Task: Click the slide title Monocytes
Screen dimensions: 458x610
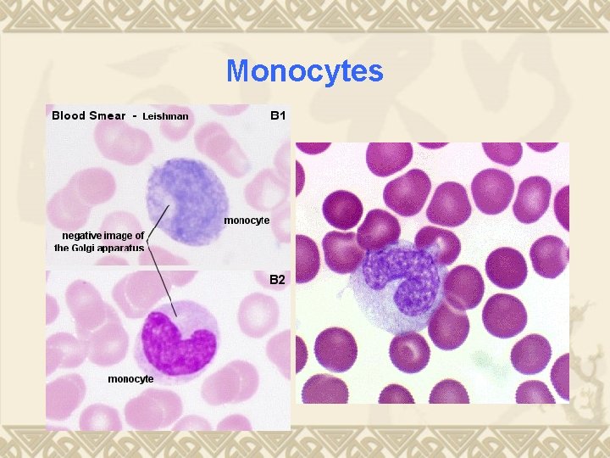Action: [x=305, y=71]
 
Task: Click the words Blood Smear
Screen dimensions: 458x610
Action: [x=88, y=115]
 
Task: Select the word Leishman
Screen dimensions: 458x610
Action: [x=165, y=116]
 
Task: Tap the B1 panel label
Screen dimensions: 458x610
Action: [x=278, y=114]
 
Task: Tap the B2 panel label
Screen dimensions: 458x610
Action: [x=278, y=278]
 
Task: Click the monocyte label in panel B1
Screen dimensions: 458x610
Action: [x=247, y=220]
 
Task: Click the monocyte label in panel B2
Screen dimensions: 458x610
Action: [x=130, y=378]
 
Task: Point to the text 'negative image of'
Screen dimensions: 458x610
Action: [x=100, y=235]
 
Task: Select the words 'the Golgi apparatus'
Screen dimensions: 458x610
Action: [x=99, y=249]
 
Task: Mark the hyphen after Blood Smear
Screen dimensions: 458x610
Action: [x=134, y=116]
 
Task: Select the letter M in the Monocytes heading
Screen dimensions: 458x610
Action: [x=237, y=71]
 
